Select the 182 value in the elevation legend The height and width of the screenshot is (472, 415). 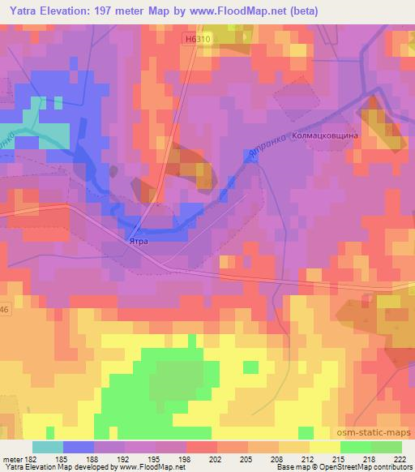point(30,458)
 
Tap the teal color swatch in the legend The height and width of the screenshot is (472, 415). point(47,447)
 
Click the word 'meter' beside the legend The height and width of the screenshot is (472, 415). point(11,458)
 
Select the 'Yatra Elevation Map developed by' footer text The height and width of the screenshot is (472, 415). point(49,467)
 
